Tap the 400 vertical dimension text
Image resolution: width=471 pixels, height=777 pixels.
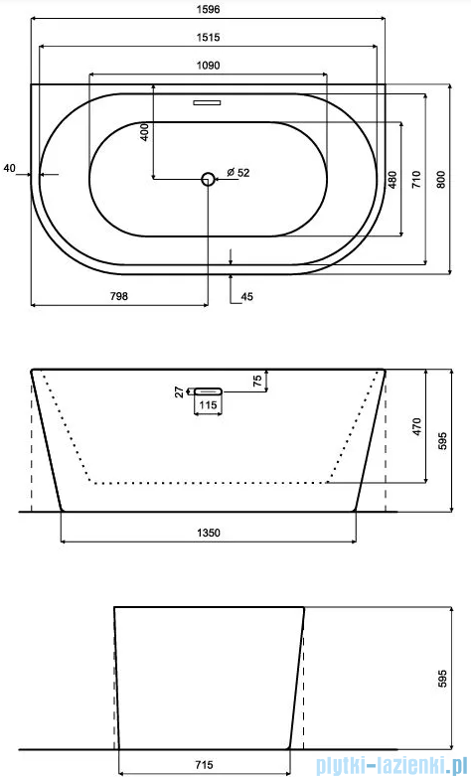(x=144, y=132)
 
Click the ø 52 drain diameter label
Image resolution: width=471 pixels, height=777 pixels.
(x=237, y=173)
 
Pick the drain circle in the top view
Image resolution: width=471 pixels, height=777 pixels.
(x=208, y=179)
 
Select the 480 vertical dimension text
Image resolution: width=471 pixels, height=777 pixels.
(x=393, y=180)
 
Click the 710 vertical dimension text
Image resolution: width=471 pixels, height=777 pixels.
(x=417, y=180)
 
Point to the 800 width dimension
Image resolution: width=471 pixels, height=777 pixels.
(x=442, y=180)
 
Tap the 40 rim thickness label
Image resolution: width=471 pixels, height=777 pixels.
(x=9, y=169)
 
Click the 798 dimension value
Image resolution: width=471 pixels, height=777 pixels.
(x=119, y=295)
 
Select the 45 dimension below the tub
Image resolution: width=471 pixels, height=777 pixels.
(x=246, y=295)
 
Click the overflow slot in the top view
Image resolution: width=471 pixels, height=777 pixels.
(x=208, y=100)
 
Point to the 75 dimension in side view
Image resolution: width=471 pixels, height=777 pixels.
(x=257, y=380)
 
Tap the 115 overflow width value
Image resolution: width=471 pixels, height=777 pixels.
(x=207, y=405)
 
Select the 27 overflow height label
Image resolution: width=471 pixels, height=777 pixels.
(x=180, y=392)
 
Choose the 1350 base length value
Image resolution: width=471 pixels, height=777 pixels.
(x=208, y=533)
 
